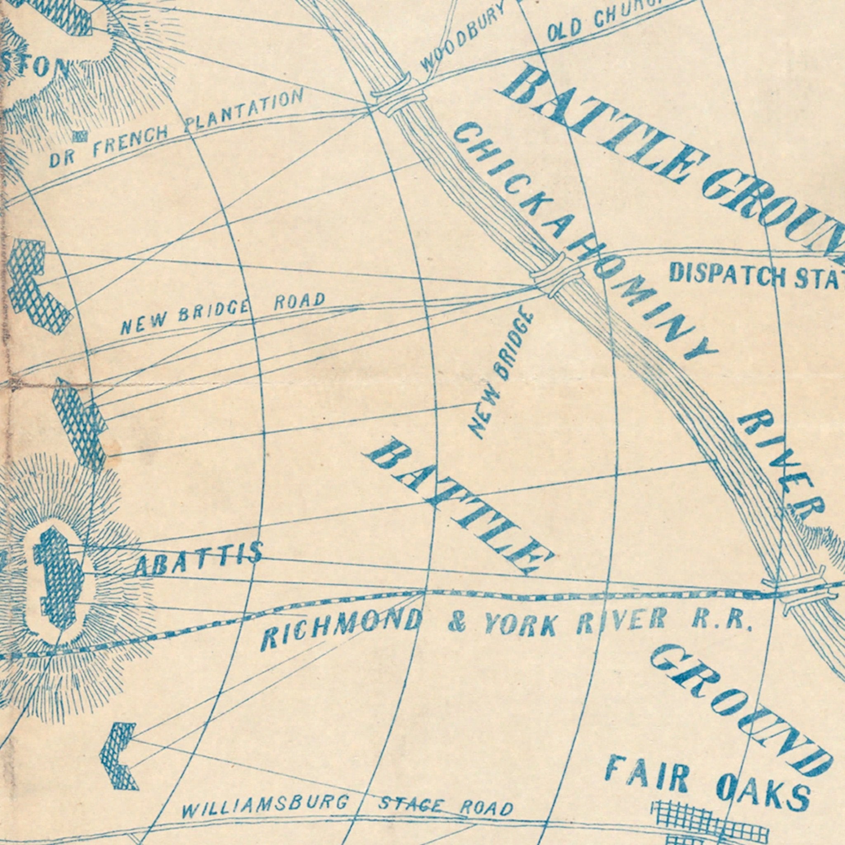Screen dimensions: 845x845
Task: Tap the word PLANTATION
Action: [x=243, y=112]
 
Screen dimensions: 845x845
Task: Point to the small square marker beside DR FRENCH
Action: [x=80, y=137]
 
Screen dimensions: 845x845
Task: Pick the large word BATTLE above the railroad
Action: [x=457, y=507]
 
